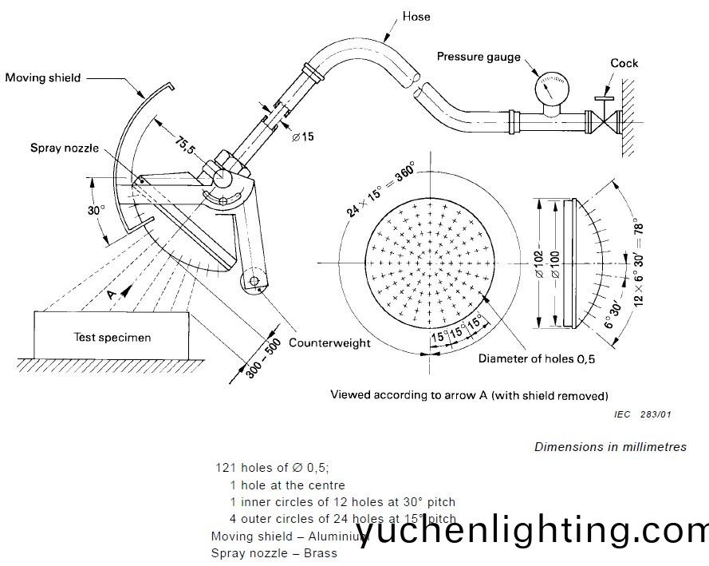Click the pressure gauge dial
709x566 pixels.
(549, 87)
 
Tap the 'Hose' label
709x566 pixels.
(416, 15)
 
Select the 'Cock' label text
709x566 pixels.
(624, 63)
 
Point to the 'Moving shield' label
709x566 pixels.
(42, 78)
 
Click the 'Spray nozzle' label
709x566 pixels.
(65, 148)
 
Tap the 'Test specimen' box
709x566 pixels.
(112, 337)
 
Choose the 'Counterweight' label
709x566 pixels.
(329, 342)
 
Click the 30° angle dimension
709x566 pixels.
(96, 211)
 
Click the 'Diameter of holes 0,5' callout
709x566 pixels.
(537, 358)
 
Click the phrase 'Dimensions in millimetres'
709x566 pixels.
(610, 447)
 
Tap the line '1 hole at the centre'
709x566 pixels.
(287, 485)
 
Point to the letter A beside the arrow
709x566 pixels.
(111, 295)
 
